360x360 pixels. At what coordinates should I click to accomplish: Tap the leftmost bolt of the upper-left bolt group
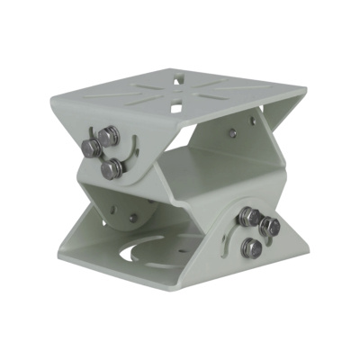click(91, 148)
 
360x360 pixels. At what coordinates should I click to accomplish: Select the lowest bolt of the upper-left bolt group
click(111, 168)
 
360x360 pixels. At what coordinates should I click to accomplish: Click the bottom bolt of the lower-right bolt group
click(254, 247)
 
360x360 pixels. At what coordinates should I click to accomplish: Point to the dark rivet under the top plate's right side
click(232, 132)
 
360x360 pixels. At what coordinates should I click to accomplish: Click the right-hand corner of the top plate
click(304, 91)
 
